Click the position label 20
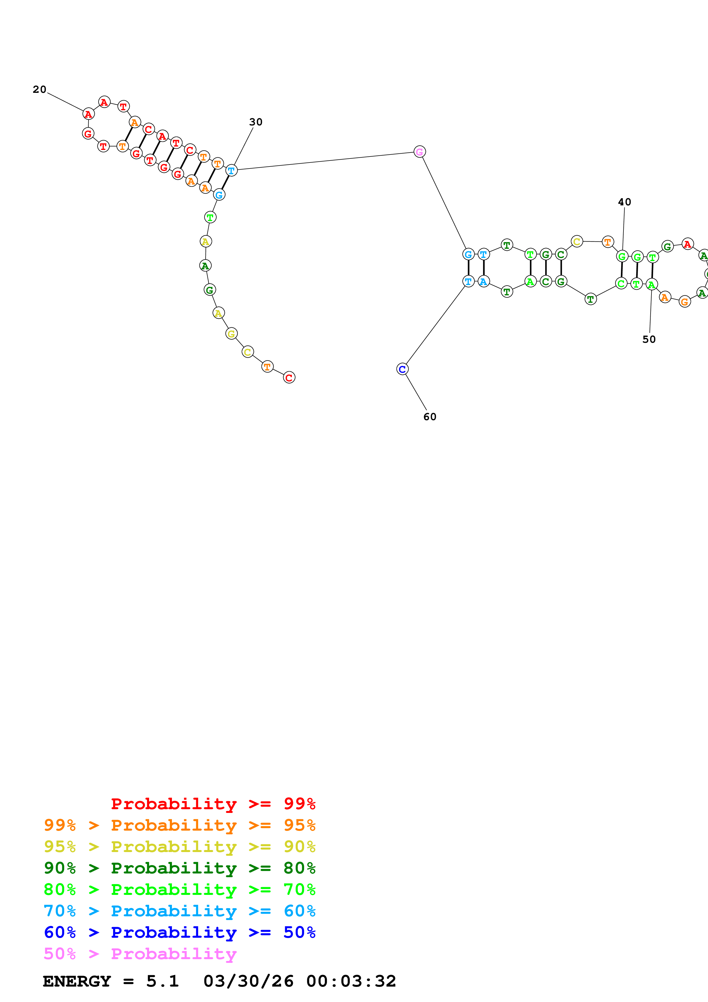pyautogui.click(x=39, y=89)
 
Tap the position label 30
pyautogui.click(x=256, y=122)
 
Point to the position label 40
pyautogui.click(x=624, y=202)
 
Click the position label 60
pyautogui.click(x=430, y=417)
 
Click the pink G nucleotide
pyautogui.click(x=419, y=152)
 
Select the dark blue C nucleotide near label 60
pyautogui.click(x=402, y=369)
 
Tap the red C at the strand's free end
pyautogui.click(x=289, y=378)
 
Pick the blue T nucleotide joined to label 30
pyautogui.click(x=231, y=170)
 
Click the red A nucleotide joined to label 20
pyautogui.click(x=89, y=114)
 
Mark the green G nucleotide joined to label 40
pyautogui.click(x=622, y=256)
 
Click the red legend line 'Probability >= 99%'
pyautogui.click(x=213, y=803)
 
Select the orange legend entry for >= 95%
pyautogui.click(x=179, y=825)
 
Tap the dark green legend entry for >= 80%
pyautogui.click(x=179, y=868)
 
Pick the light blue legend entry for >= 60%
pyautogui.click(x=179, y=911)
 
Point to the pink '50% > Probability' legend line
pyautogui.click(x=140, y=953)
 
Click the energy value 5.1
pyautogui.click(x=162, y=981)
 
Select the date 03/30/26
pyautogui.click(x=248, y=981)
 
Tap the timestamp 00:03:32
pyautogui.click(x=351, y=981)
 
